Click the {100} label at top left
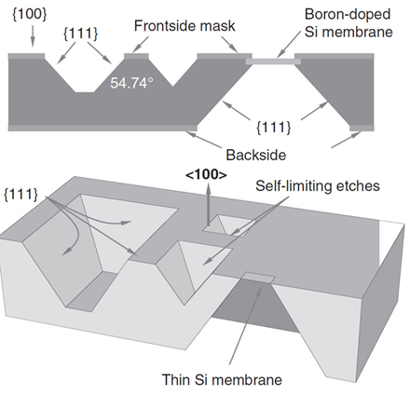pos(30,14)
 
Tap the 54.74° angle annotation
pos(131,83)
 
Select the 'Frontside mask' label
pos(184,26)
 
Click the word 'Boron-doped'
pos(348,14)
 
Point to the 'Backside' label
pos(256,155)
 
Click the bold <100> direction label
pos(206,175)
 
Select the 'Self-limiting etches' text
pos(318,185)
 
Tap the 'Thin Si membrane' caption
pos(222,379)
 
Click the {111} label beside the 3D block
pos(20,195)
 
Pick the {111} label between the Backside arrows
pos(274,128)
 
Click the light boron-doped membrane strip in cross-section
pos(273,61)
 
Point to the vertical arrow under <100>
pos(208,204)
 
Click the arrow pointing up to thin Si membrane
pos(245,324)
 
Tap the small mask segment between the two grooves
pos(136,56)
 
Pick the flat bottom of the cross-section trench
pos(85,92)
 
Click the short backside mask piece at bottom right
pos(362,129)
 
